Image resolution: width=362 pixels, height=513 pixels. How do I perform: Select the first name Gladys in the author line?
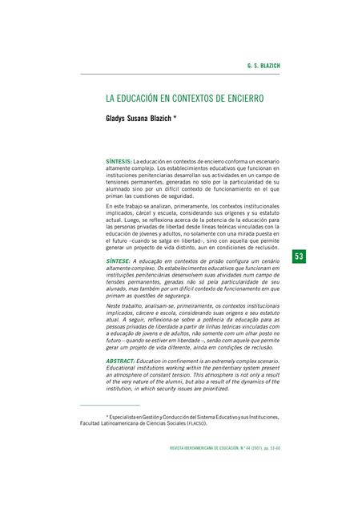[119, 117]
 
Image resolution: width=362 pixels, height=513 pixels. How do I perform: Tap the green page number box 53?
[300, 256]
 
